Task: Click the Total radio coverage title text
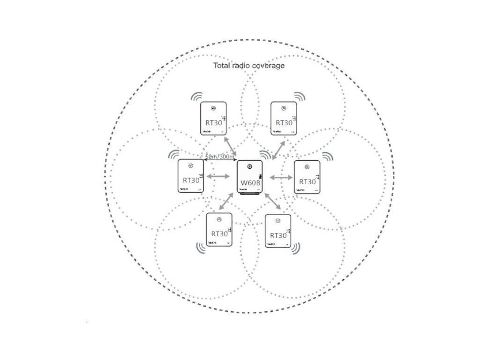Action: (x=249, y=66)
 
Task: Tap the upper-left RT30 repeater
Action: (x=214, y=119)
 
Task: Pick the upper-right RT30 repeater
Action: (x=284, y=119)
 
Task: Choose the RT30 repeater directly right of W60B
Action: (x=307, y=177)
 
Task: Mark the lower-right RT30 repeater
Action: (x=278, y=231)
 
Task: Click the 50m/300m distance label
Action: (x=220, y=157)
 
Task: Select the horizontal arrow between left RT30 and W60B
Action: (x=217, y=176)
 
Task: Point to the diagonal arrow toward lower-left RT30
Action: (x=227, y=200)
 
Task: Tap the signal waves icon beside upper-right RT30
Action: (x=299, y=97)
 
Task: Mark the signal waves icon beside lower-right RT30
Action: (x=295, y=248)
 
